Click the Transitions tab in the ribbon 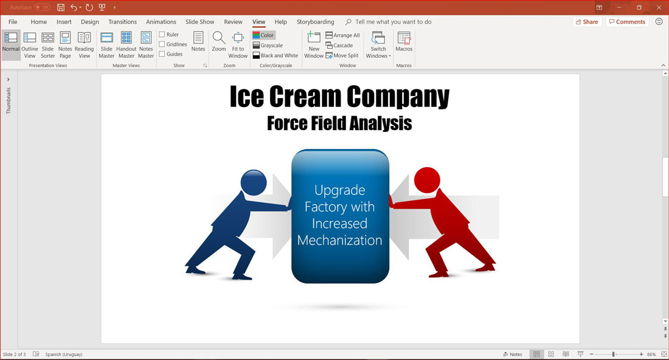pyautogui.click(x=122, y=22)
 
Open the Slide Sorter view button pyautogui.click(x=48, y=45)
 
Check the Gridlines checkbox pyautogui.click(x=162, y=44)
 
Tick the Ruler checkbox pyautogui.click(x=162, y=35)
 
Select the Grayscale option pyautogui.click(x=268, y=45)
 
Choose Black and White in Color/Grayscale pyautogui.click(x=275, y=55)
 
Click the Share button pyautogui.click(x=587, y=22)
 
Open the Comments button pyautogui.click(x=627, y=22)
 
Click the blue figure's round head pyautogui.click(x=254, y=182)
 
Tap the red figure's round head pyautogui.click(x=427, y=180)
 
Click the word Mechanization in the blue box pyautogui.click(x=339, y=240)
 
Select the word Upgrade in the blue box pyautogui.click(x=339, y=190)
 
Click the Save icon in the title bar pyautogui.click(x=61, y=7)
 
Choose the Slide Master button pyautogui.click(x=106, y=45)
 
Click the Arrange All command pyautogui.click(x=342, y=35)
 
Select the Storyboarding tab pyautogui.click(x=315, y=22)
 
